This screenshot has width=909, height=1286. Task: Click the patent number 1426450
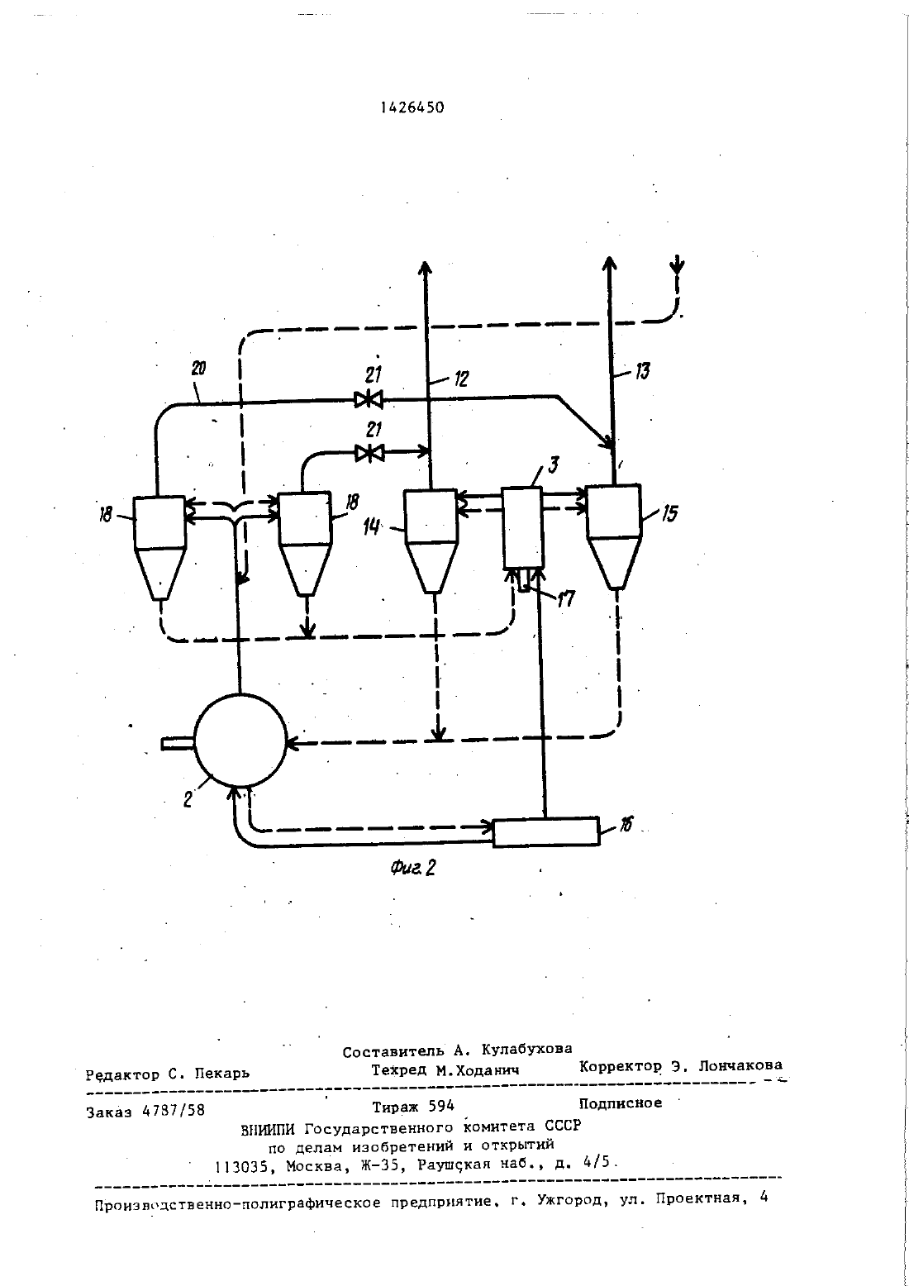point(412,107)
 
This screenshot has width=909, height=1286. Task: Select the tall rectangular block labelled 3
point(522,528)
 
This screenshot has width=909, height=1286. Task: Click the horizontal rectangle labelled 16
point(546,831)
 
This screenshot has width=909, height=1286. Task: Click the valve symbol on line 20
point(369,399)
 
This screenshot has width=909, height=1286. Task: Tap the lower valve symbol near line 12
point(369,454)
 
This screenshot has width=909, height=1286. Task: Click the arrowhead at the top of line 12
point(425,269)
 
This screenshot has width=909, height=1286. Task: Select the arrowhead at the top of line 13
point(610,264)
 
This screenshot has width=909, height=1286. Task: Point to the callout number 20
point(198,368)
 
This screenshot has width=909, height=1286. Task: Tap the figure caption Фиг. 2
point(412,868)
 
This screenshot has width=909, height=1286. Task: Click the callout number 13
point(642,371)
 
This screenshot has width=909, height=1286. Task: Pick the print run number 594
point(441,1106)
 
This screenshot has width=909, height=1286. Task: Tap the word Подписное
point(621,1103)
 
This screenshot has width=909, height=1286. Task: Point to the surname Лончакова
point(740,1065)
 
